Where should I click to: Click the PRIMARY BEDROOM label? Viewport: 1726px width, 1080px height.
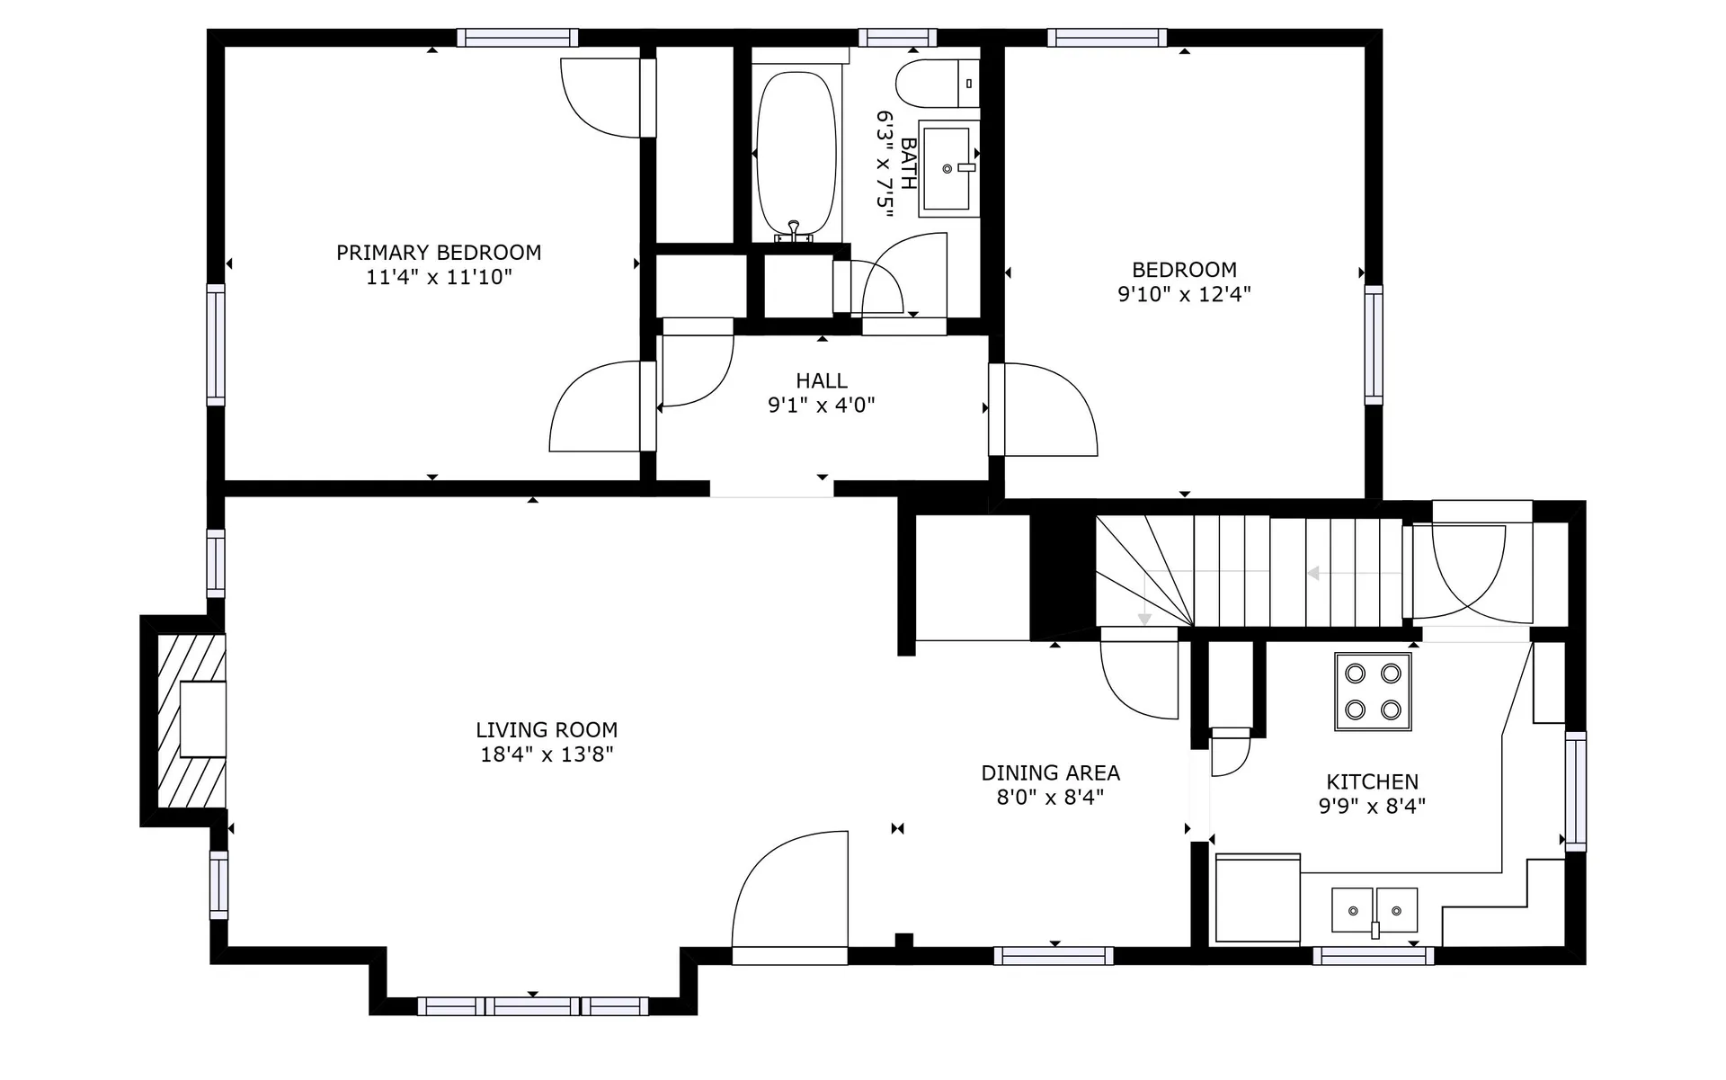pos(439,253)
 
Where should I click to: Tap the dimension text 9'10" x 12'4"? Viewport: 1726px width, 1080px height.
pos(1184,294)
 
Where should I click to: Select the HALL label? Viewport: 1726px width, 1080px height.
pos(822,380)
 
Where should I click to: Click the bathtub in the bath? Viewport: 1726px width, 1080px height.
pos(796,155)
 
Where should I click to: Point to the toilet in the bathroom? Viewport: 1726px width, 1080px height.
pos(938,84)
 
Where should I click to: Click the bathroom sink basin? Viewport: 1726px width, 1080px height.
pos(948,169)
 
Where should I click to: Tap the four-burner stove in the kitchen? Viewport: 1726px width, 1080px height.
pos(1373,692)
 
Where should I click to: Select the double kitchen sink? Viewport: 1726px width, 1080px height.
pos(1375,910)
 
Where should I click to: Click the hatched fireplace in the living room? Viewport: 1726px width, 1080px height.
pos(191,720)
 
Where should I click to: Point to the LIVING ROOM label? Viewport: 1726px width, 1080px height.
pos(547,730)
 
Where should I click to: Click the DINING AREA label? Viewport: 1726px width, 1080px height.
pos(1050,773)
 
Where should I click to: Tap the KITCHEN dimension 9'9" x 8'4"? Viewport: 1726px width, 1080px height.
pos(1372,807)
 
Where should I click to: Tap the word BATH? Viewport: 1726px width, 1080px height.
pos(909,164)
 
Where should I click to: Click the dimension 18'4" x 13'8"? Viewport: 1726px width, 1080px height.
pos(547,754)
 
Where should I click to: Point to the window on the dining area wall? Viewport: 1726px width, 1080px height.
pos(1054,956)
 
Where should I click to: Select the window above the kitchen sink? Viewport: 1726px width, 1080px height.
pos(1373,956)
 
